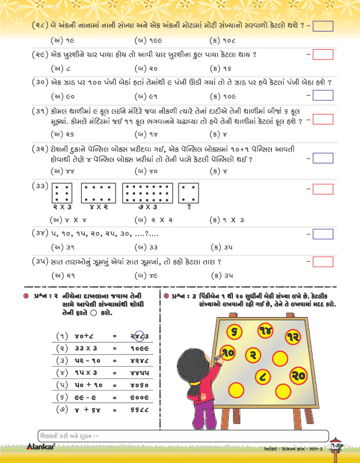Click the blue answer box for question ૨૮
(x=323, y=26)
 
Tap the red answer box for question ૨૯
(x=323, y=54)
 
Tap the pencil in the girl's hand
(x=218, y=358)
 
